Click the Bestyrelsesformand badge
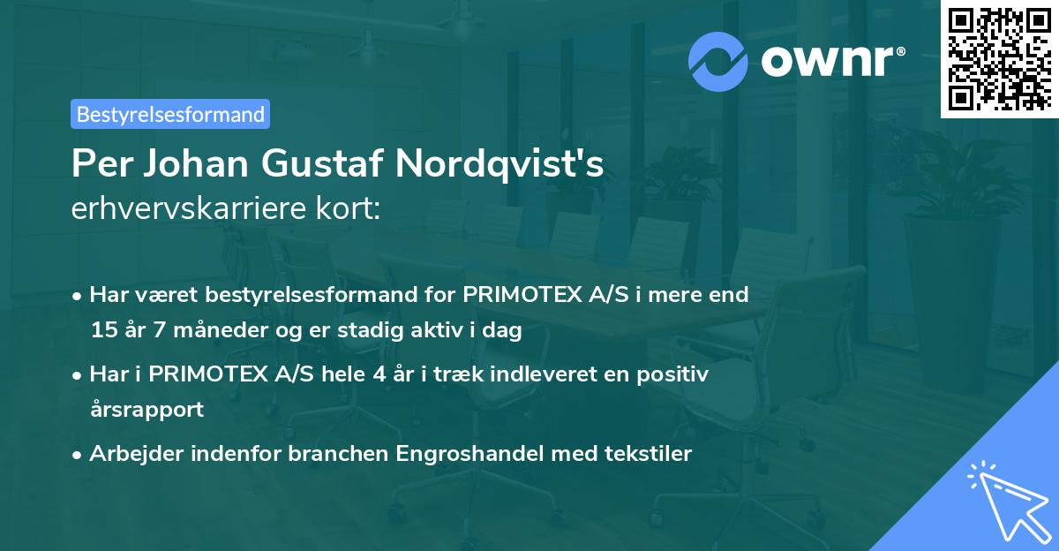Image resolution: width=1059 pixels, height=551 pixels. (x=170, y=114)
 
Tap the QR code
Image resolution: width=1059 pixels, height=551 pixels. (x=998, y=59)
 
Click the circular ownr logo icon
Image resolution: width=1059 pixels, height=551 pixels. (x=718, y=61)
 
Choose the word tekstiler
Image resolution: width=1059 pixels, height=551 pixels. (x=649, y=454)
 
